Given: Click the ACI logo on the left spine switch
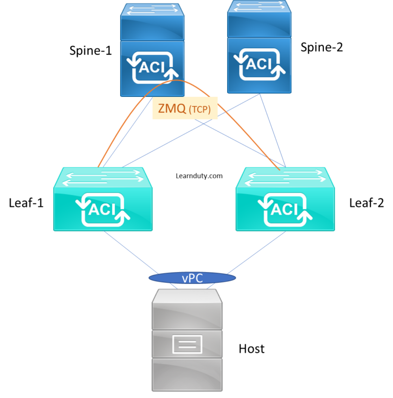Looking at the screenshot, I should [x=152, y=67].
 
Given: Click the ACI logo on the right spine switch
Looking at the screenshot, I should [x=259, y=64].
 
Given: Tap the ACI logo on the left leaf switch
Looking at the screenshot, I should [x=103, y=210].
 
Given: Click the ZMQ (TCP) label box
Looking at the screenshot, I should [x=185, y=108].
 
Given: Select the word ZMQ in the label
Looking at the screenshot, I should [x=172, y=108].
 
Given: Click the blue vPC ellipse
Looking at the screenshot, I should [x=192, y=278].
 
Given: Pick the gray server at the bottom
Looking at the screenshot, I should [x=187, y=343].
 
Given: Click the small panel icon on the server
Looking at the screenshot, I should [x=187, y=344].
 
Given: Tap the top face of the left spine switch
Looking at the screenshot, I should [x=152, y=10].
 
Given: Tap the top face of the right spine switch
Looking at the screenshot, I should [x=259, y=6].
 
